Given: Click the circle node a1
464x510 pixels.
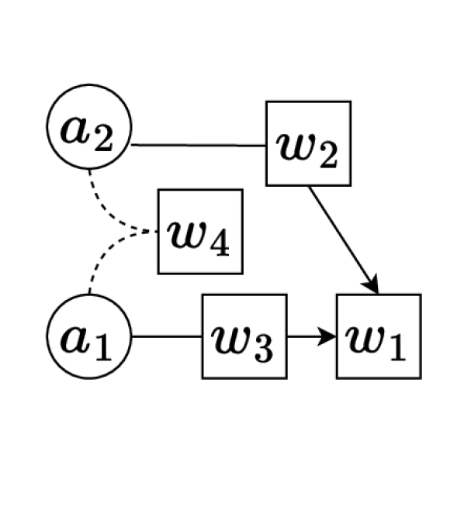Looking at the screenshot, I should click(89, 337).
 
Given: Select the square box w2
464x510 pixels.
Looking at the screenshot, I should click(308, 144).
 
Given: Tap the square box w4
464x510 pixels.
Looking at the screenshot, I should click(200, 232).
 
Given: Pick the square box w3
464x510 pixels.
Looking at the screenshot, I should click(244, 336).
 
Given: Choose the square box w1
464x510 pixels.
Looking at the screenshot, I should click(379, 336).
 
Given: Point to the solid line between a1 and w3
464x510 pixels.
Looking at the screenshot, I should click(167, 337).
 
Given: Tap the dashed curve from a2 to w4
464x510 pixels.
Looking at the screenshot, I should click(109, 205).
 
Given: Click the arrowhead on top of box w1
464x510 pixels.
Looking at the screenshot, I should click(372, 286).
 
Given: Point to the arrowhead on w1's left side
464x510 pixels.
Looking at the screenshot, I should click(329, 337).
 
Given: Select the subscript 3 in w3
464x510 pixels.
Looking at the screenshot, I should click(264, 348).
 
